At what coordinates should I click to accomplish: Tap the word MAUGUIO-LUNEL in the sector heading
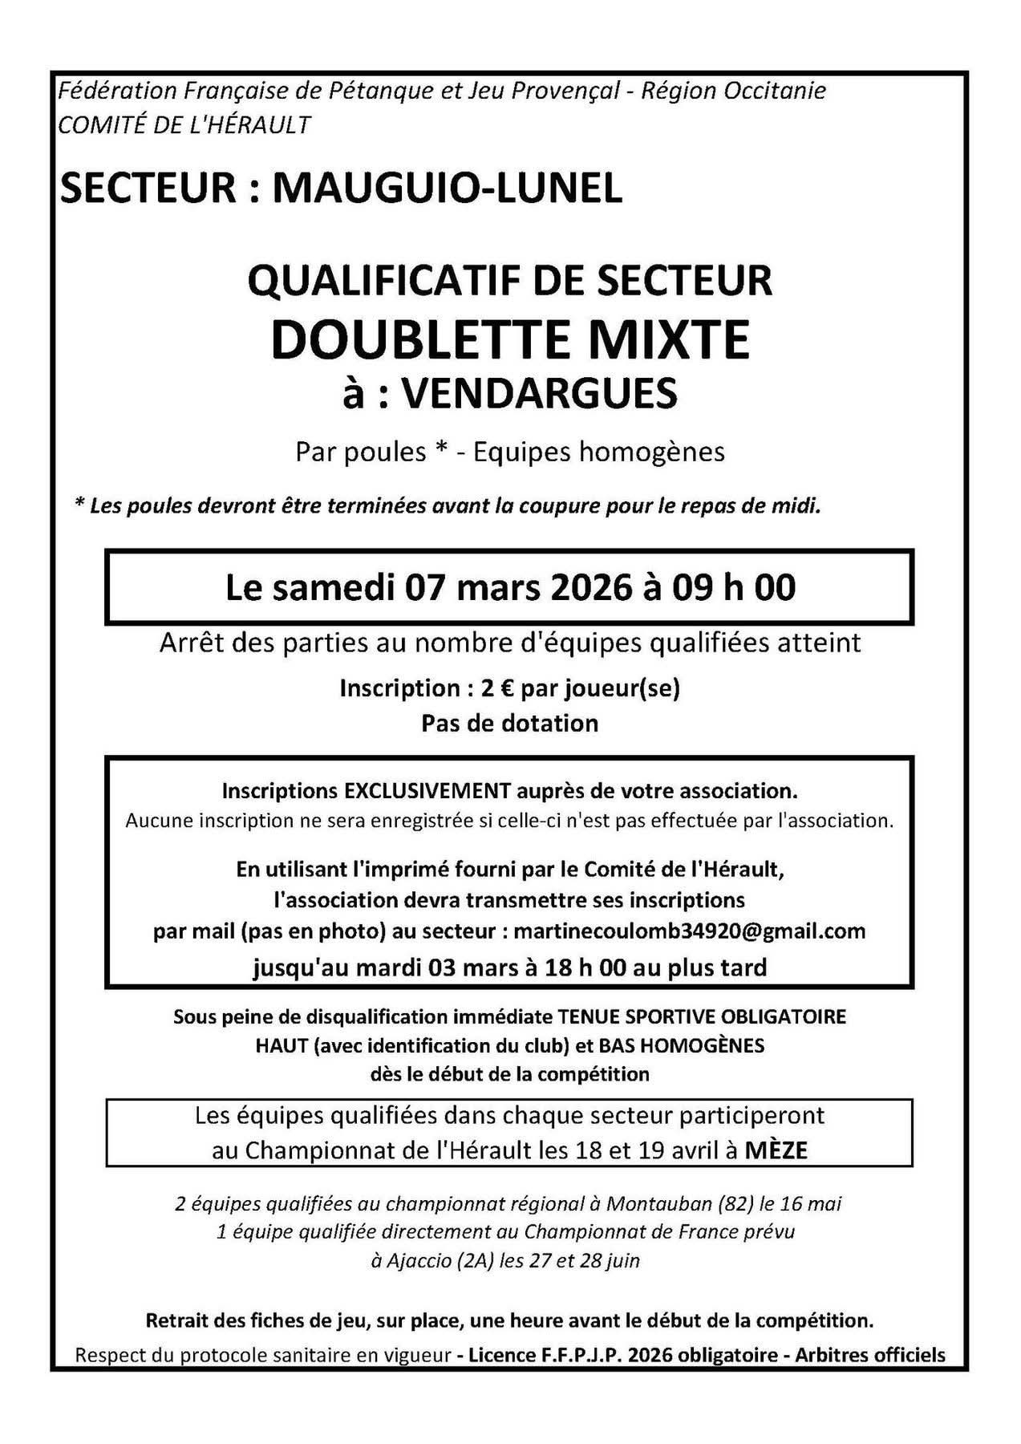point(448,188)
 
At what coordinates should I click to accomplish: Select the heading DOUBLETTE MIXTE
point(510,339)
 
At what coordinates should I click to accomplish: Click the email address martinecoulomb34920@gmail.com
point(689,931)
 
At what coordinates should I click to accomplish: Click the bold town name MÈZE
point(776,1150)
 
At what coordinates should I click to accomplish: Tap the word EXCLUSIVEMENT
point(427,791)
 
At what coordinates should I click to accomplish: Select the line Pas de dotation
point(510,723)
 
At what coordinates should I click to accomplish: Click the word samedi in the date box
point(338,587)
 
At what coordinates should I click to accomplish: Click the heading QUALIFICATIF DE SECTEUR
point(510,281)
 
